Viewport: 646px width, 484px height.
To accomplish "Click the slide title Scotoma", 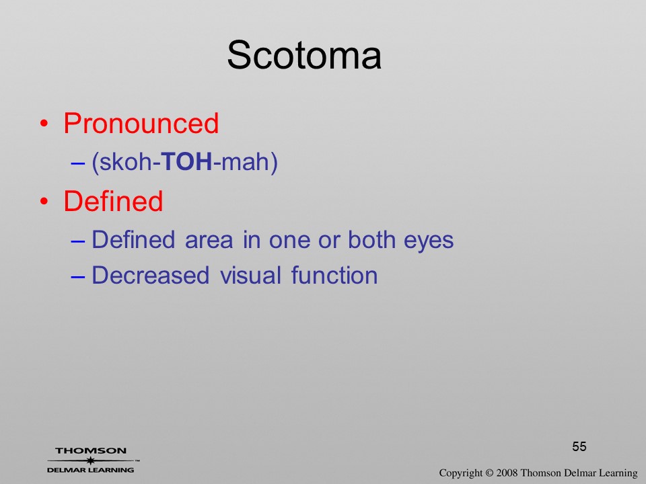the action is point(304,55).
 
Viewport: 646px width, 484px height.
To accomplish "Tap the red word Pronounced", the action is point(141,123).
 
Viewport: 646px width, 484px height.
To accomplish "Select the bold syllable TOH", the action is point(186,161).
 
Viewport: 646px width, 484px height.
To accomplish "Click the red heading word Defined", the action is point(113,201).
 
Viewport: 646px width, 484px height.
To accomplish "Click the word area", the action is point(209,241).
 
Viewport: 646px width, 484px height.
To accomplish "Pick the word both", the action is point(372,239).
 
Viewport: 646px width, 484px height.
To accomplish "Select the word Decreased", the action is point(150,275).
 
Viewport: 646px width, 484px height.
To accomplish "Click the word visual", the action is point(250,275).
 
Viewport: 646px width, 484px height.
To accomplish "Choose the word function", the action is point(334,275).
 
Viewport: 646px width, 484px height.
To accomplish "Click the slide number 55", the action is point(579,446).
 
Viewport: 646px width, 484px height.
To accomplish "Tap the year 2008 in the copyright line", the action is point(507,473).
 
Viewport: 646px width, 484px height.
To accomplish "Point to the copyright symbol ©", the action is point(489,473).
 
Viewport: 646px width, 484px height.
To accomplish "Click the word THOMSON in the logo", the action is point(91,450).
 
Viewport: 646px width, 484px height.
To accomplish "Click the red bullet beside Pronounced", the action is point(44,124).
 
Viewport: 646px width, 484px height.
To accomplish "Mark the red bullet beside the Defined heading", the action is point(44,201).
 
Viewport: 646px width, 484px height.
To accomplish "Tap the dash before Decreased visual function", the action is point(78,277).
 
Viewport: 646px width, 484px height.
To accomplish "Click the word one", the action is point(289,241).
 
